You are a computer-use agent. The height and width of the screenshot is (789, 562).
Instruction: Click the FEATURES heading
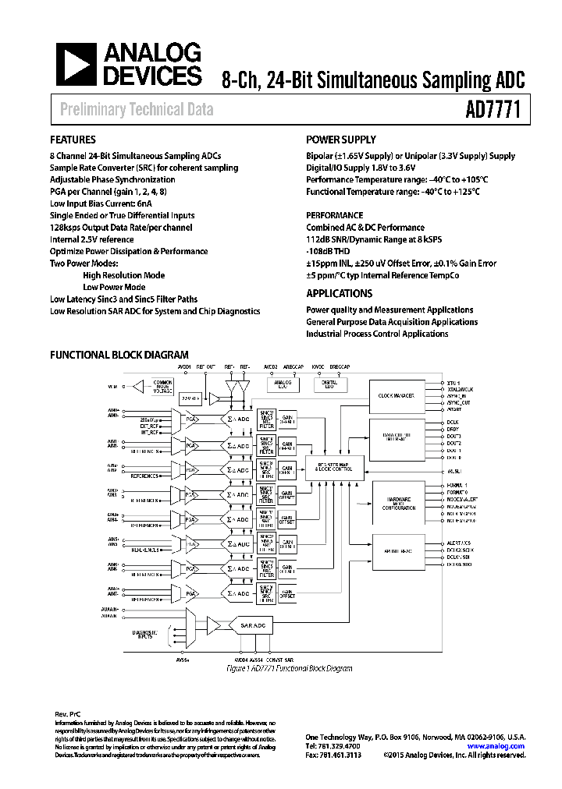coord(73,140)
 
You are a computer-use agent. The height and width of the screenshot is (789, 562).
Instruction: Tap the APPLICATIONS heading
coord(339,294)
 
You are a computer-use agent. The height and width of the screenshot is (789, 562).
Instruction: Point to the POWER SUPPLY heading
coord(341,140)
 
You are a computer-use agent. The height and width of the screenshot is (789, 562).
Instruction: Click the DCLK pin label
coord(454,423)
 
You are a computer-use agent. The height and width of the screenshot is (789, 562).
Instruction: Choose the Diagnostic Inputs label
coord(146,635)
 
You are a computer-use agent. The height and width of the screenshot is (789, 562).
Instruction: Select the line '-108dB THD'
coord(329,252)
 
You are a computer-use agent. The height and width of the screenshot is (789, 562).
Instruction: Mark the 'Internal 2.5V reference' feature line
coord(92,240)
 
